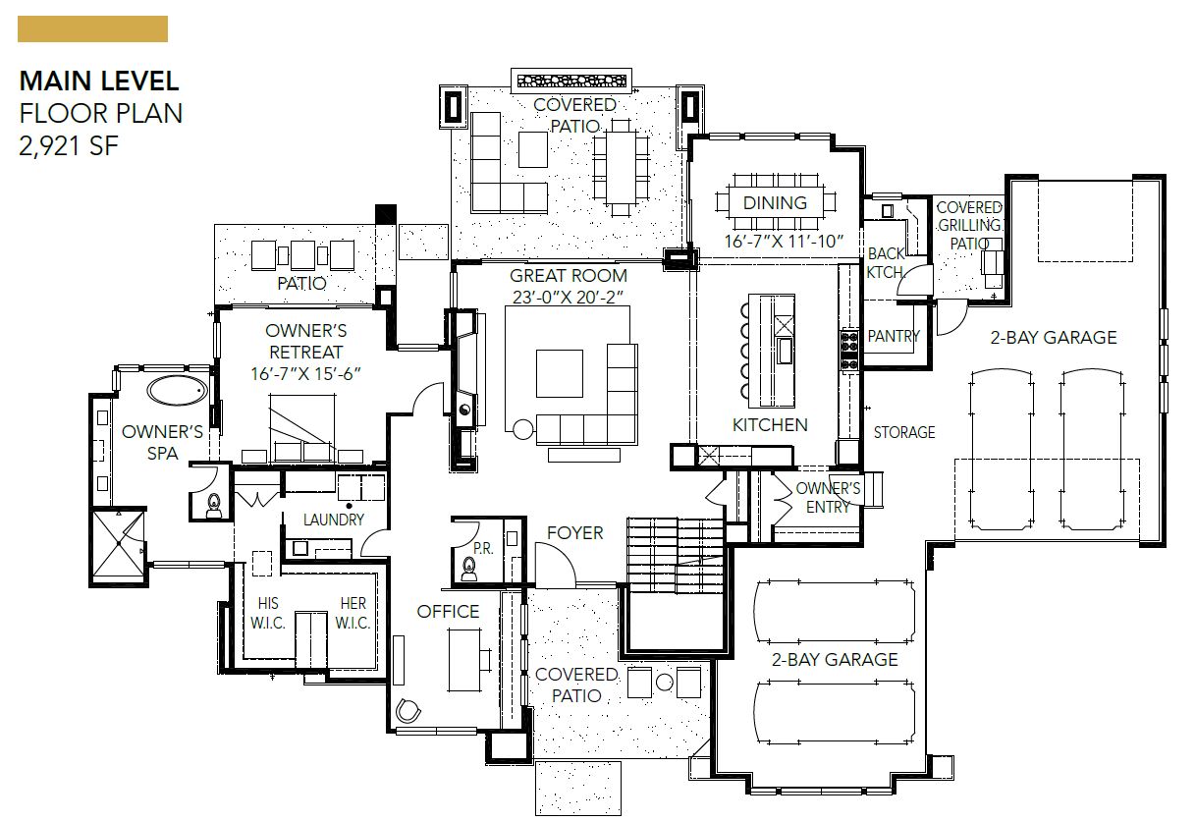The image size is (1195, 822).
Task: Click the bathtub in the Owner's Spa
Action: (x=178, y=391)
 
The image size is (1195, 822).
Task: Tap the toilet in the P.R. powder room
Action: (x=469, y=569)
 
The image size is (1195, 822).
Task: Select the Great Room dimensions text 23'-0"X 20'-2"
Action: (x=568, y=297)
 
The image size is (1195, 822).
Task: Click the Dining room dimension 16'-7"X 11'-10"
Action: (x=784, y=242)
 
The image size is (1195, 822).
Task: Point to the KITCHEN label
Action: (x=770, y=424)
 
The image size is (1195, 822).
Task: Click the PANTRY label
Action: (x=894, y=336)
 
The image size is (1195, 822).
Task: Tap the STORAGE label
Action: (x=904, y=432)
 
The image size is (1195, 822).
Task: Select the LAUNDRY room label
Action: (x=334, y=520)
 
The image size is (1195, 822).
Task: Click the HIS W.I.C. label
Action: (x=268, y=613)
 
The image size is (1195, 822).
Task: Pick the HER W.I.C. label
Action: (x=353, y=613)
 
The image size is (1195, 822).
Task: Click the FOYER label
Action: (x=574, y=532)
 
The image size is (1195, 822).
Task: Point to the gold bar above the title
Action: (x=93, y=28)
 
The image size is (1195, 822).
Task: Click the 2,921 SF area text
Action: (x=69, y=145)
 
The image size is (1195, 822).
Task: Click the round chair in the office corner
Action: (x=408, y=710)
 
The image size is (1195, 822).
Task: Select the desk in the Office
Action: (x=464, y=660)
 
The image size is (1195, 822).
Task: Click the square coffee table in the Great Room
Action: (x=559, y=373)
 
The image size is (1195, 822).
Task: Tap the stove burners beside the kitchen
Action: (x=849, y=351)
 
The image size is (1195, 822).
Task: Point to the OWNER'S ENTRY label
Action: (x=828, y=497)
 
